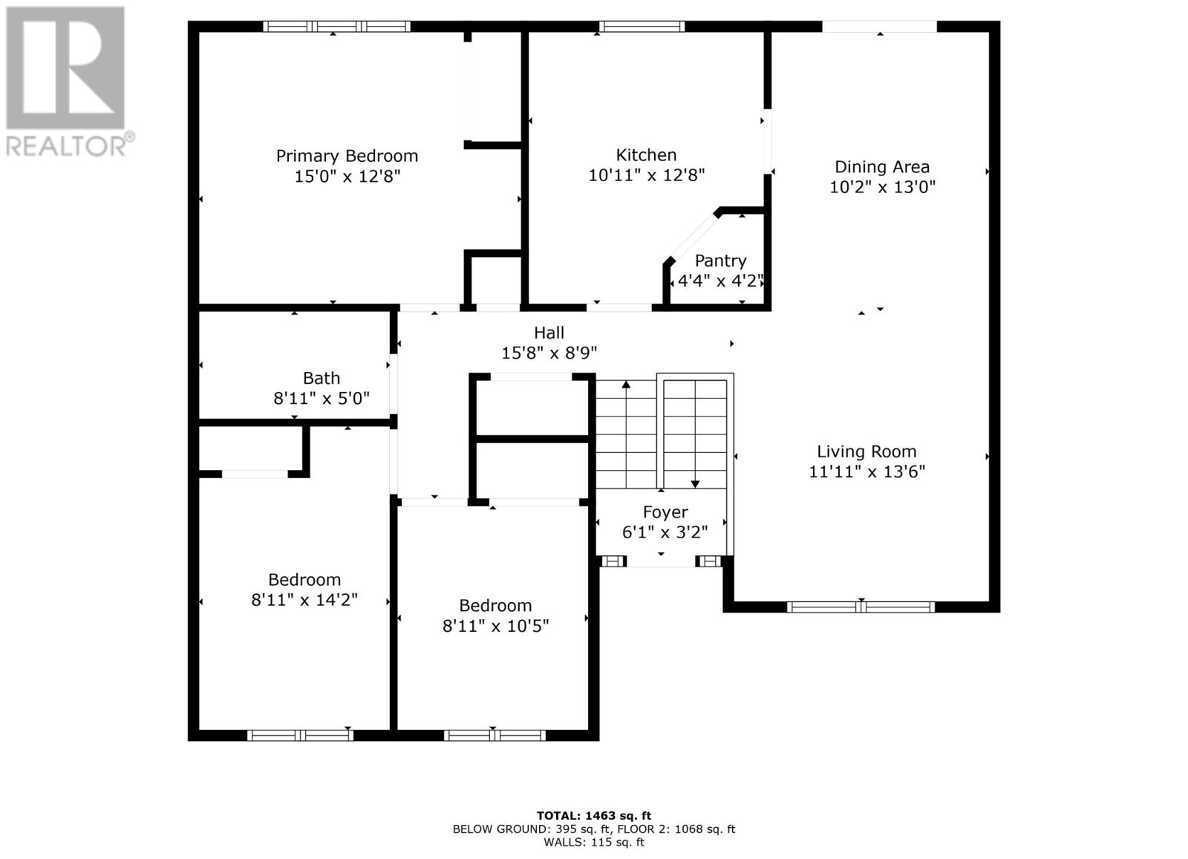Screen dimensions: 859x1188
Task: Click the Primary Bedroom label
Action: pos(347,156)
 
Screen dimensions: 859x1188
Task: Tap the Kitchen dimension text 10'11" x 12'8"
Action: pos(646,175)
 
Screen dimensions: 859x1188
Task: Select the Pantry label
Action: pos(720,261)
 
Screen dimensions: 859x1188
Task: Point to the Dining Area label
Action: pos(881,167)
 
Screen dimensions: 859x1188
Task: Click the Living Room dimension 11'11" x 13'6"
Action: pos(866,471)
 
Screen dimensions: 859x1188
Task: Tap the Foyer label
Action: pos(665,512)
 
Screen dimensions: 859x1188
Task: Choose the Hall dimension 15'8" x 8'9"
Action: pos(549,353)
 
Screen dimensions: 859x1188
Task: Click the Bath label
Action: pos(321,379)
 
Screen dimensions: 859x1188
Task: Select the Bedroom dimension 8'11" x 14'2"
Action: pos(304,600)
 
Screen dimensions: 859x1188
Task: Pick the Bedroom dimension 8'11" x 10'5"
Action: pos(495,626)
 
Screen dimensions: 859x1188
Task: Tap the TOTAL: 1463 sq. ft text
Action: pos(594,815)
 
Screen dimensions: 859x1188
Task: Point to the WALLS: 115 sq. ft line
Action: pos(594,842)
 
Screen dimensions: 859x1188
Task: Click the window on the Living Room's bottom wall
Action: pos(861,607)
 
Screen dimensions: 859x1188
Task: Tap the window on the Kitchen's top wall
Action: pos(642,27)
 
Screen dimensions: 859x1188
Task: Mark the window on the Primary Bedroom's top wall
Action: pos(336,27)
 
